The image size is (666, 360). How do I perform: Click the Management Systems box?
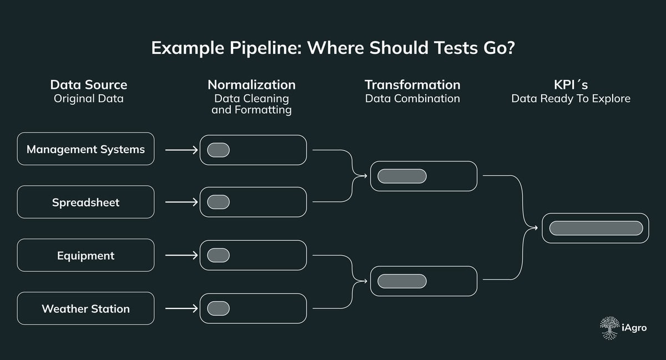click(85, 149)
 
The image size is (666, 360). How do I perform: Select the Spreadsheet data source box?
click(85, 202)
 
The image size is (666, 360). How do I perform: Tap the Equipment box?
click(85, 255)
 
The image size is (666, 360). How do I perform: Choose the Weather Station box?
click(85, 308)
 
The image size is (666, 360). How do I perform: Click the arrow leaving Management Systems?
click(181, 150)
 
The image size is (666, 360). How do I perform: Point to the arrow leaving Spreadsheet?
click(181, 202)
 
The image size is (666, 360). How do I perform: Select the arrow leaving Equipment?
click(181, 255)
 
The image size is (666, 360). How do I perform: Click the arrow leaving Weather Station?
click(181, 308)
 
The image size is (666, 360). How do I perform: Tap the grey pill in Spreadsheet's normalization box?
click(218, 202)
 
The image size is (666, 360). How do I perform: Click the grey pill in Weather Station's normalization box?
click(218, 308)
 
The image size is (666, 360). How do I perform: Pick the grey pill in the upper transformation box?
click(402, 176)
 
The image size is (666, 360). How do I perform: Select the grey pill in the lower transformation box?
click(402, 281)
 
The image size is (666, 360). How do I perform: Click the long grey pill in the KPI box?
click(596, 229)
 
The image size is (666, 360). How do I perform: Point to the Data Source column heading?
click(89, 85)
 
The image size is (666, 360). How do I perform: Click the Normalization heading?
click(251, 85)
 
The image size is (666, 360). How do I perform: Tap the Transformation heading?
click(413, 85)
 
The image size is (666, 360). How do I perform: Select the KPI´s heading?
click(571, 85)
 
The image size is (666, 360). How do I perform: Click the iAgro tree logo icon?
click(610, 328)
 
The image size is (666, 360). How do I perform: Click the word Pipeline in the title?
click(265, 48)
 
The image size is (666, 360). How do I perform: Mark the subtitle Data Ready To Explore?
click(571, 99)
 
